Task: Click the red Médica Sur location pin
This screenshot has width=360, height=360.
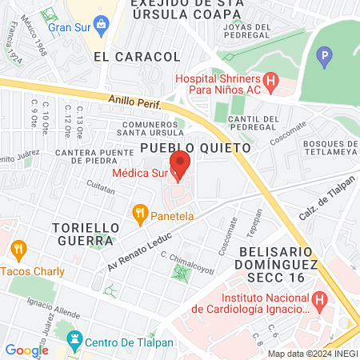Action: [x=181, y=164]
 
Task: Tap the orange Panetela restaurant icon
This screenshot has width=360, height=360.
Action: [x=140, y=214]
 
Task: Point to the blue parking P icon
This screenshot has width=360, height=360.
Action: [x=324, y=57]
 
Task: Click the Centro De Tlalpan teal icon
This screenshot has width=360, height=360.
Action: [x=75, y=342]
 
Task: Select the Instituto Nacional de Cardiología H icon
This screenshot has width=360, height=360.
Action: [x=320, y=302]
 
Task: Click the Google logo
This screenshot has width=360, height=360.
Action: [x=26, y=350]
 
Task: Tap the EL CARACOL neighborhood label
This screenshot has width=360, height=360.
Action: [x=136, y=56]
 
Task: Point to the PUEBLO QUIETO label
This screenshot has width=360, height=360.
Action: [x=195, y=147]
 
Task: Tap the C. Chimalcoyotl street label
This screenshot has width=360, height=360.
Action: [x=187, y=262]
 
